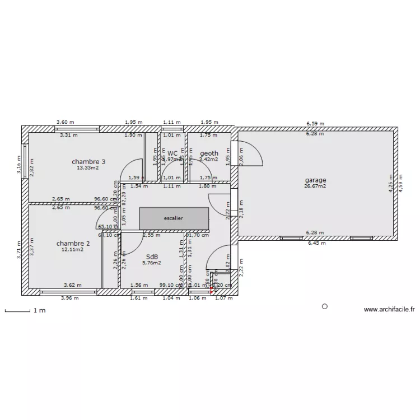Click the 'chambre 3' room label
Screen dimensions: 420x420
[88, 162]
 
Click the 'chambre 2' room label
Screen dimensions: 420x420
[73, 244]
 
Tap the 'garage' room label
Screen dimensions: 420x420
[315, 180]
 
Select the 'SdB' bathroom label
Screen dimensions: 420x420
[151, 256]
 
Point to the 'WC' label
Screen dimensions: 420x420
[172, 153]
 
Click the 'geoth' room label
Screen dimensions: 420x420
[209, 153]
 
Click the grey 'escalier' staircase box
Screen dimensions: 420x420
[174, 218]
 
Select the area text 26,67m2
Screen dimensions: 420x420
[315, 186]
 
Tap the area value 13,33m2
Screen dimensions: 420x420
[88, 167]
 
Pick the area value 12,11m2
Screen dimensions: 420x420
[73, 250]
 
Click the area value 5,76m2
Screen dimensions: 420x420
[151, 262]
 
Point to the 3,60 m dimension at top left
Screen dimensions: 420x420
[65, 122]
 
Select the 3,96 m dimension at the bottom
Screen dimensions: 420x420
[69, 298]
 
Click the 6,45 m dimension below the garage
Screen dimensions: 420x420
[315, 243]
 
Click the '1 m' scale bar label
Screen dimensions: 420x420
[39, 310]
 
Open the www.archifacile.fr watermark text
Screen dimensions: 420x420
[389, 309]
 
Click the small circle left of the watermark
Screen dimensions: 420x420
[325, 306]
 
